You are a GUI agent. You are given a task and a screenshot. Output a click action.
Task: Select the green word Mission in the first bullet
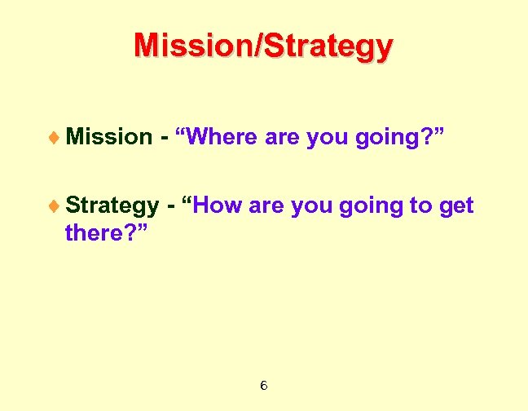coord(108,137)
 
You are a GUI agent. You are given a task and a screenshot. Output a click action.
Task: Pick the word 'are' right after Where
coord(283,138)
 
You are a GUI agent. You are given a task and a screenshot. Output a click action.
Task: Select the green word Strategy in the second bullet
coord(112,206)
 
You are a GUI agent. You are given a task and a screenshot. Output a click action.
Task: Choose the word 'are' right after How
coord(265,206)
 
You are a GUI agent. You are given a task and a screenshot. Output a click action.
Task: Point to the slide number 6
coord(264,385)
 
